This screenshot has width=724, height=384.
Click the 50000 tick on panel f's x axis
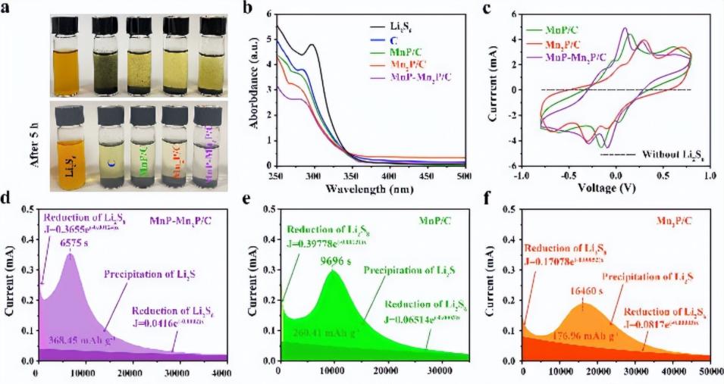pos(709,373)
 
